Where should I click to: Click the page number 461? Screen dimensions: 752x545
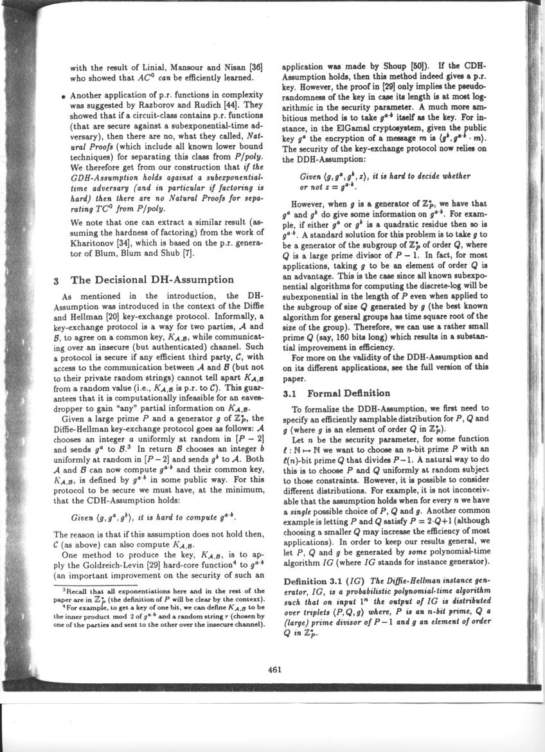point(275,668)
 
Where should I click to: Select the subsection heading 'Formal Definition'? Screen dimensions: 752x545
point(349,393)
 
